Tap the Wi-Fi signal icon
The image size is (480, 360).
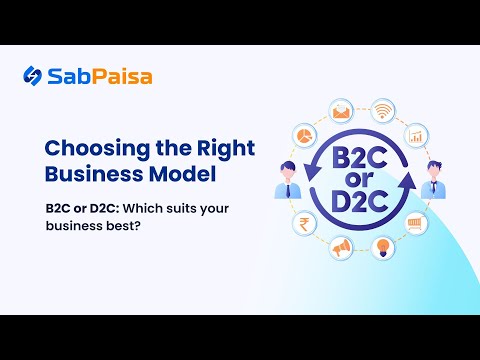click(383, 109)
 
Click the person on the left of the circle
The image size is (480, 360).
click(286, 180)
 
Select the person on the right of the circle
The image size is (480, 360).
click(433, 180)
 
